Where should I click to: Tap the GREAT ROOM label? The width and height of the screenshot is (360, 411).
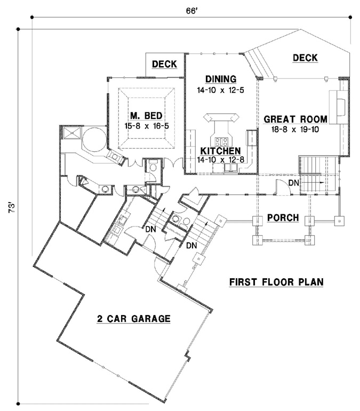pyautogui.click(x=295, y=119)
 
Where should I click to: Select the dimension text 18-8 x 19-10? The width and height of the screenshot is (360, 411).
pyautogui.click(x=295, y=129)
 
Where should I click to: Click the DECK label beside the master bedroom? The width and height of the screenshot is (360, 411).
pyautogui.click(x=164, y=64)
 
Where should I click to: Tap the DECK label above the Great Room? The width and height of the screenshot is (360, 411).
pyautogui.click(x=305, y=58)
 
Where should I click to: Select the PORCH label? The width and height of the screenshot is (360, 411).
pyautogui.click(x=282, y=219)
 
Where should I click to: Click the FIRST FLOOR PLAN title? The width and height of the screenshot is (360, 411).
pyautogui.click(x=276, y=281)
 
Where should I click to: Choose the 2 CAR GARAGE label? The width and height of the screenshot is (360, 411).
pyautogui.click(x=133, y=319)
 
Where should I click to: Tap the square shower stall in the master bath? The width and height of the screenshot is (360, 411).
pyautogui.click(x=71, y=133)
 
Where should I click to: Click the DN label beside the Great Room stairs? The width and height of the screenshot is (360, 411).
pyautogui.click(x=293, y=183)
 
